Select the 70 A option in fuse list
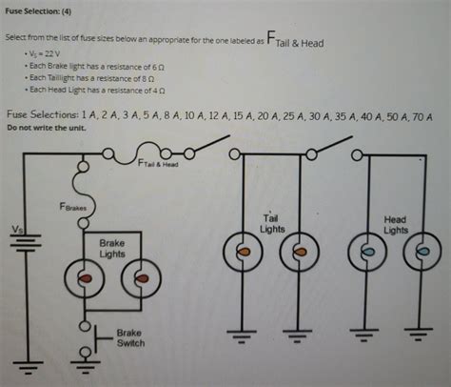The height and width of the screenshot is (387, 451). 425,115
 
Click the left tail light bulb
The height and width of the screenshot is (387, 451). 242,253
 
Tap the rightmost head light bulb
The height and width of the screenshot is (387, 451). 422,253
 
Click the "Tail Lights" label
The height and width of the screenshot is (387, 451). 272,225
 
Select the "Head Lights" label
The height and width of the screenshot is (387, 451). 395,225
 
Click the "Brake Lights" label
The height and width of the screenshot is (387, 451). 112,249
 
